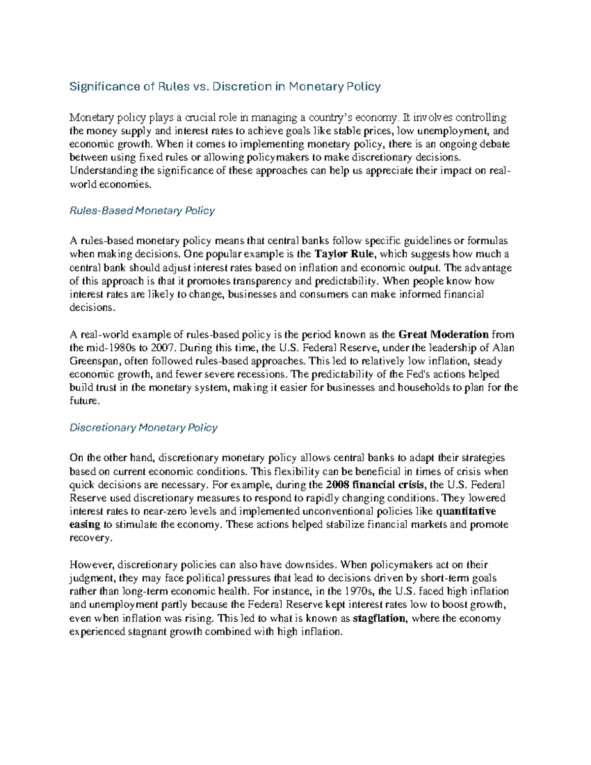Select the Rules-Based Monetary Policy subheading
(142, 211)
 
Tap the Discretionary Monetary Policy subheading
(143, 428)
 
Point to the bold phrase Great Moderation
(443, 334)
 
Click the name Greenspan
(95, 361)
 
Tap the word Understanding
(104, 171)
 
